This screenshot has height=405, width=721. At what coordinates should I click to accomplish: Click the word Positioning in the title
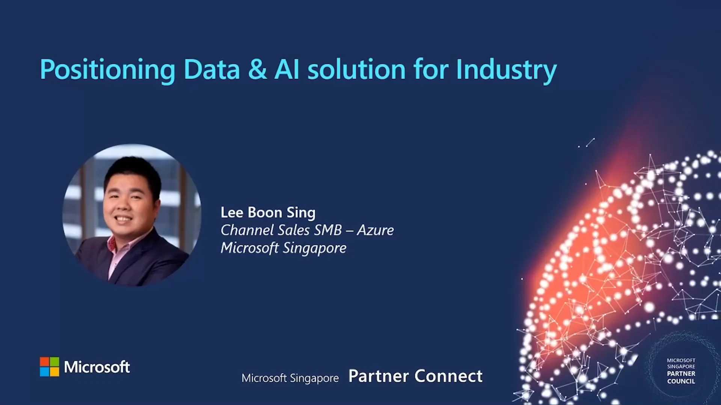pyautogui.click(x=107, y=70)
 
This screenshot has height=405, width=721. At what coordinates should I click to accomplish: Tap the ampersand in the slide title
pyautogui.click(x=257, y=70)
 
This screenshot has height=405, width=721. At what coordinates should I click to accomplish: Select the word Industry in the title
pyautogui.click(x=506, y=70)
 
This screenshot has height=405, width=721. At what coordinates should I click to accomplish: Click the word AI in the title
pyautogui.click(x=287, y=70)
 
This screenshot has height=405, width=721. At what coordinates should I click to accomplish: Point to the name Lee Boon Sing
pyautogui.click(x=268, y=213)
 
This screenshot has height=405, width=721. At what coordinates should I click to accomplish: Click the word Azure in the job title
pyautogui.click(x=375, y=230)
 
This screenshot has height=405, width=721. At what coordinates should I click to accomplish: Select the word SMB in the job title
pyautogui.click(x=328, y=230)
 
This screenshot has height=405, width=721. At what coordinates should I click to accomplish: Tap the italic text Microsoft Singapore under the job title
pyautogui.click(x=283, y=248)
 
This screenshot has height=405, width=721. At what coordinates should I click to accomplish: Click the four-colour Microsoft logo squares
pyautogui.click(x=50, y=366)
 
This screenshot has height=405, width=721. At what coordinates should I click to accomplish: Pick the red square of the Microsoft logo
pyautogui.click(x=45, y=361)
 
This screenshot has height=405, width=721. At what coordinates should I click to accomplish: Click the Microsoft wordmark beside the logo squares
pyautogui.click(x=97, y=367)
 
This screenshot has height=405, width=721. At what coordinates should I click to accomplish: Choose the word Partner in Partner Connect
pyautogui.click(x=379, y=376)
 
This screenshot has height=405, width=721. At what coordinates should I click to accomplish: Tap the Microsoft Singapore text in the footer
pyautogui.click(x=290, y=378)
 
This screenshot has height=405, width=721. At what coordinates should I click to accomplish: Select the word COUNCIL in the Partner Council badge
pyautogui.click(x=681, y=381)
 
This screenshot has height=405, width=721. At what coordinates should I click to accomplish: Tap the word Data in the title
pyautogui.click(x=212, y=70)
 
